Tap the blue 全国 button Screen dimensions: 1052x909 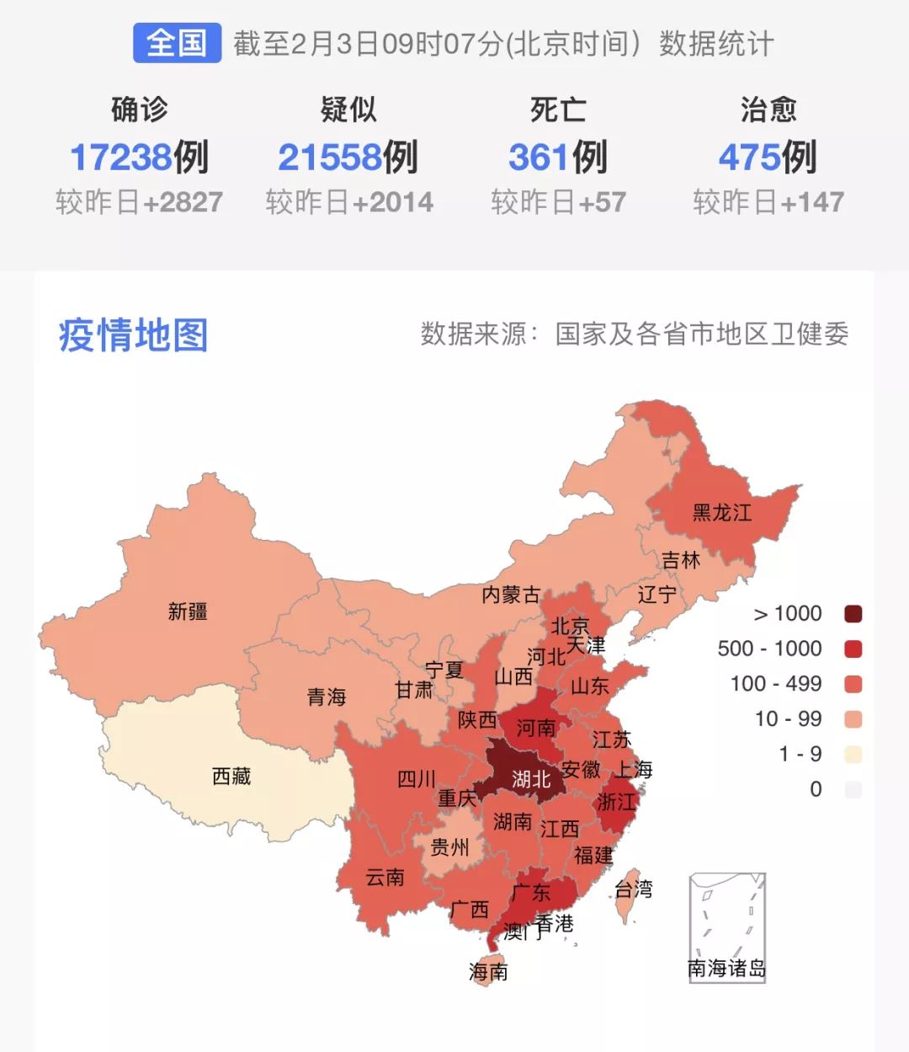177,43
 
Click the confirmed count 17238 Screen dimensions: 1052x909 121,158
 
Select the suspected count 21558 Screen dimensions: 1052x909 330,158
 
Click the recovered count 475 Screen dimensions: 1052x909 749,158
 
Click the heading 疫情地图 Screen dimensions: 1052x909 133,335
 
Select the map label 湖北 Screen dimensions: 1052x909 531,780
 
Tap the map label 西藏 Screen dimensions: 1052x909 231,776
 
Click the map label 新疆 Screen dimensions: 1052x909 187,611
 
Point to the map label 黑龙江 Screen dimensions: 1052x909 721,512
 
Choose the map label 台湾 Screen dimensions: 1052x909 633,889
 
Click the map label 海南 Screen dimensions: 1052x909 488,972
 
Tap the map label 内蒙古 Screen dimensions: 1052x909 511,595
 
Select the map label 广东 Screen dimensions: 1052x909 531,892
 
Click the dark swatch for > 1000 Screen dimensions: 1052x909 853,614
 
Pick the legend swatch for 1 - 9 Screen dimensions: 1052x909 853,755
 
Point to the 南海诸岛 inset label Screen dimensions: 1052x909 726,969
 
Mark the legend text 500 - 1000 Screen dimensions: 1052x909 769,649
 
